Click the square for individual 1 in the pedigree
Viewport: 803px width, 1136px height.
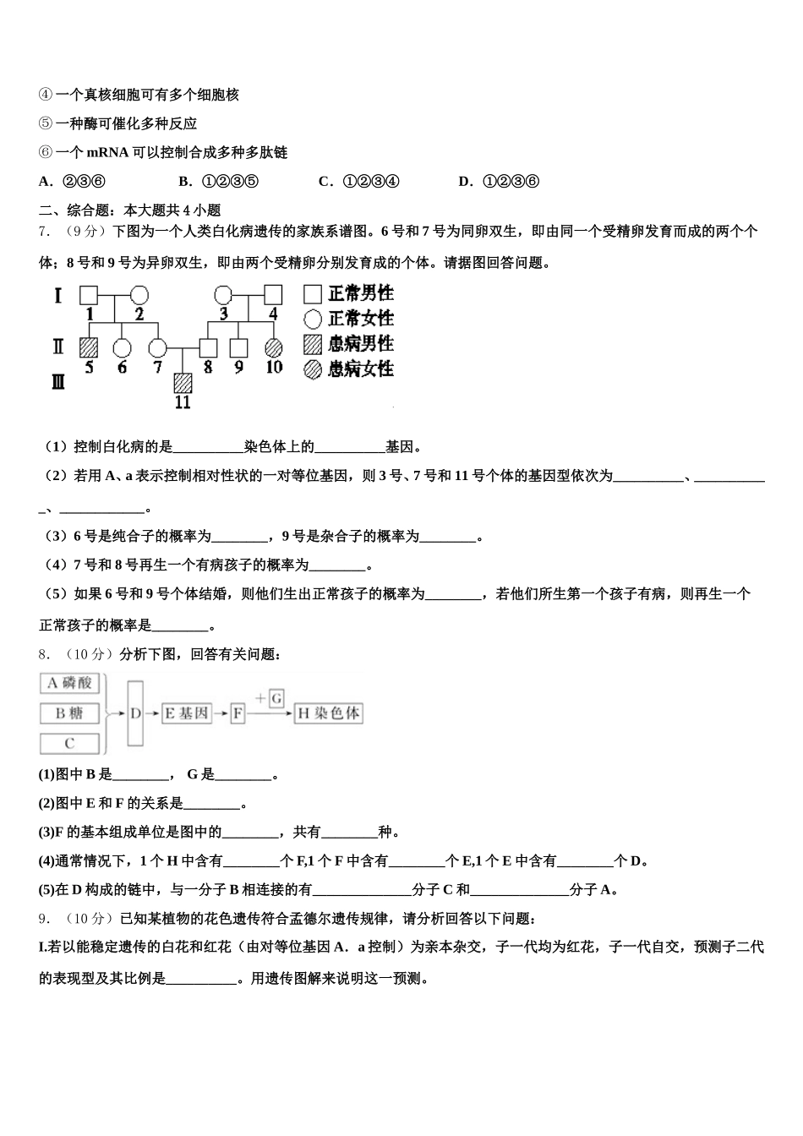pyautogui.click(x=89, y=295)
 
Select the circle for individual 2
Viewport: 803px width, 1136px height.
pyautogui.click(x=139, y=295)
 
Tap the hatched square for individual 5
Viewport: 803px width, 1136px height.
pyautogui.click(x=89, y=347)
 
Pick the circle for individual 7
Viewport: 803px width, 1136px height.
pyautogui.click(x=157, y=347)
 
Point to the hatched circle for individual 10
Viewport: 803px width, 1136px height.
pyautogui.click(x=273, y=347)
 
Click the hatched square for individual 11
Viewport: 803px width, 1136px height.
pyautogui.click(x=183, y=383)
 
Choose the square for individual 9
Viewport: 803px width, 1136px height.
pyautogui.click(x=239, y=347)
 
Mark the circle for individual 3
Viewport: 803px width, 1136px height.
pyautogui.click(x=223, y=295)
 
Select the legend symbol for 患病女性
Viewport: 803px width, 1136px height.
pyautogui.click(x=313, y=369)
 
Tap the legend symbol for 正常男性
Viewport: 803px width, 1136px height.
pyautogui.click(x=313, y=294)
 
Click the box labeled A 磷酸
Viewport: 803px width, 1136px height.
pyautogui.click(x=69, y=683)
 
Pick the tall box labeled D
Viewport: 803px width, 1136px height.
pyautogui.click(x=136, y=713)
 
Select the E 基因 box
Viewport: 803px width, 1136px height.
pyautogui.click(x=185, y=713)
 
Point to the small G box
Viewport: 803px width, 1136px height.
pyautogui.click(x=276, y=698)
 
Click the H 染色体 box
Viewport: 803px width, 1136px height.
pyautogui.click(x=328, y=713)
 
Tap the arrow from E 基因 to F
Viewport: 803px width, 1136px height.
pyautogui.click(x=220, y=713)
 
